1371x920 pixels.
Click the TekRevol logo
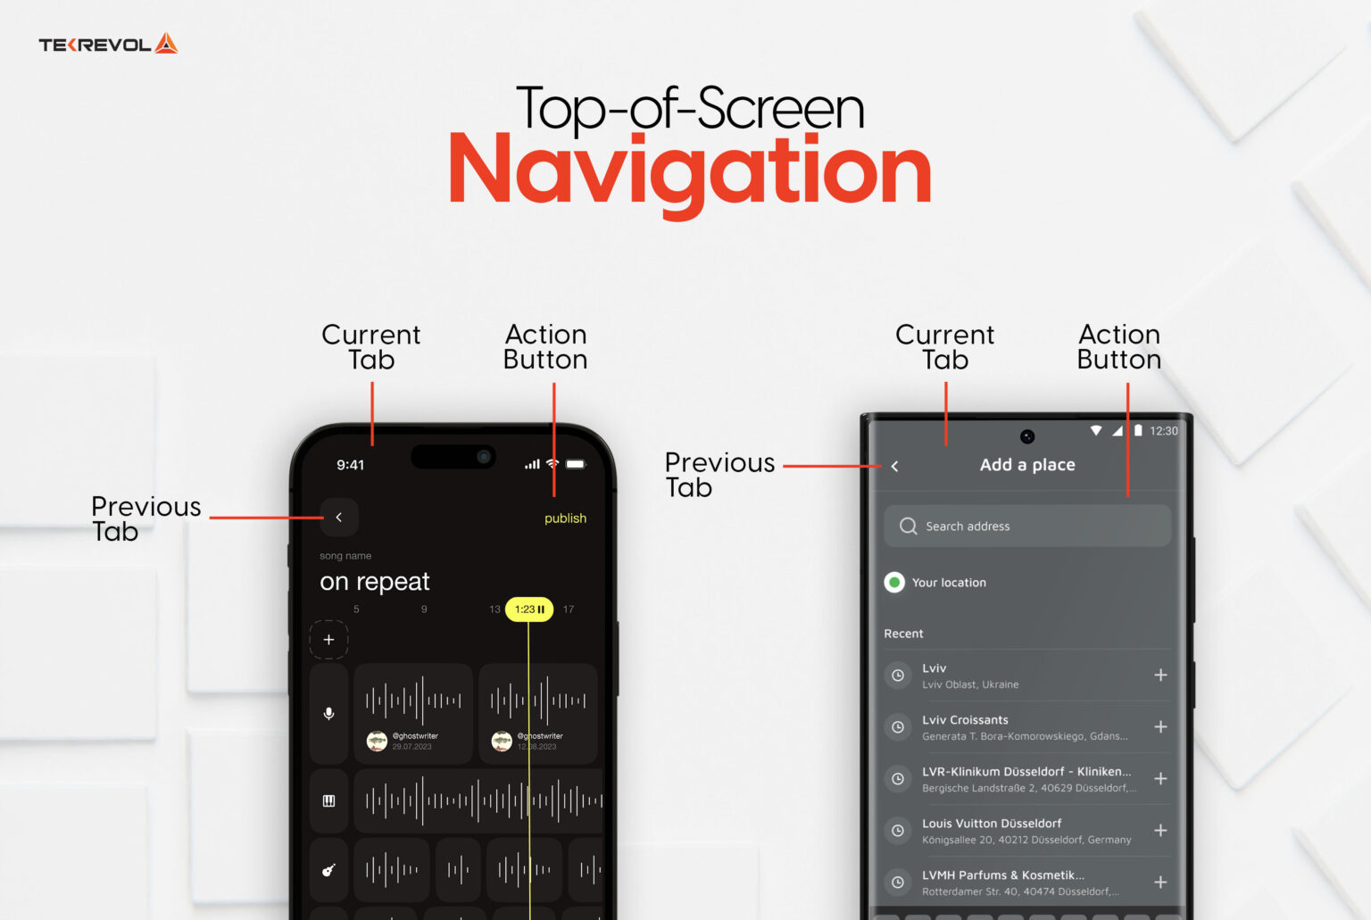[x=108, y=44]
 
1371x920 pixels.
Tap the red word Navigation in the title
[x=689, y=171]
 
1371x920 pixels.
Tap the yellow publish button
[x=565, y=518]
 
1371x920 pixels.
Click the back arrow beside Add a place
[x=894, y=466]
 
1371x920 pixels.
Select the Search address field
[x=1026, y=526]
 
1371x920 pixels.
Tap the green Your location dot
[x=894, y=583]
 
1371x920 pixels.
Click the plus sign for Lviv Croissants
[x=1160, y=727]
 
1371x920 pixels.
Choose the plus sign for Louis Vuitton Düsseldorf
[x=1160, y=831]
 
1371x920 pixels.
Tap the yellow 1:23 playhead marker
[x=529, y=609]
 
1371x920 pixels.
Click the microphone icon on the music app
[x=328, y=714]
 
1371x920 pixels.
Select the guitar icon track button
[x=328, y=870]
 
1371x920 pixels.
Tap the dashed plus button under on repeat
[x=328, y=640]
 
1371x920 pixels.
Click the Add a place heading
[x=1027, y=465]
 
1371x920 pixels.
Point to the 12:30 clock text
[x=1163, y=431]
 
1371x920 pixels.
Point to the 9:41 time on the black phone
[x=350, y=465]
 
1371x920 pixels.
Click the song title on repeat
[x=375, y=582]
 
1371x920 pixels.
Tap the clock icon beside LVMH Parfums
[x=898, y=883]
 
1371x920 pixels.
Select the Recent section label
[x=903, y=634]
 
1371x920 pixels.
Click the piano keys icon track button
[x=328, y=801]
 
